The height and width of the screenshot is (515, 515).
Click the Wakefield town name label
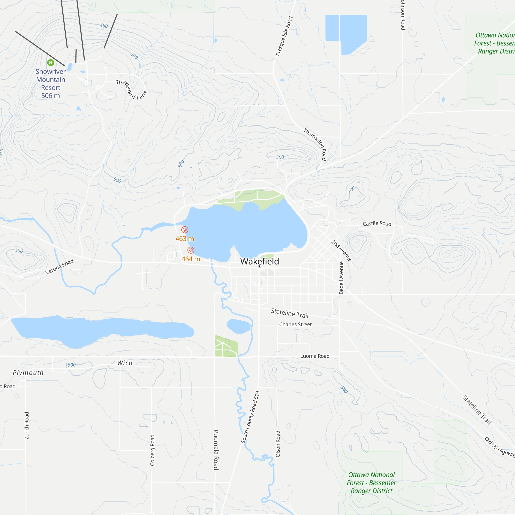point(259,262)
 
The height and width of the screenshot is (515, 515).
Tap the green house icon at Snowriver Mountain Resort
point(51,63)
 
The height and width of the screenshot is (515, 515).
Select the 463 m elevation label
point(184,239)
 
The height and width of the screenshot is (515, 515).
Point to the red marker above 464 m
point(191,250)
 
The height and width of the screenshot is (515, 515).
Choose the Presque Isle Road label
point(284,36)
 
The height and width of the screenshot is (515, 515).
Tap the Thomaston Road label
point(315,144)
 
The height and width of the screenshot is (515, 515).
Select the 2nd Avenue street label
point(341,251)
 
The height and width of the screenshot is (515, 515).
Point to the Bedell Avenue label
point(341,278)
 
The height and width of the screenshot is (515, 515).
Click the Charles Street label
point(295,324)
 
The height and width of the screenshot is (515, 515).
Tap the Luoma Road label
point(315,356)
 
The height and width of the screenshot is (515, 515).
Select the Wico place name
point(125,363)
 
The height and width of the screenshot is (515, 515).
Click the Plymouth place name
point(28,373)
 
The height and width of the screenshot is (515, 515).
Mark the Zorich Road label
point(27,426)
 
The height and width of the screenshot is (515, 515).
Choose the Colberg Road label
point(152,450)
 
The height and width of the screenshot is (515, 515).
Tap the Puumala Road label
point(216,450)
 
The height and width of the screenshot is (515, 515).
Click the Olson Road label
point(278,444)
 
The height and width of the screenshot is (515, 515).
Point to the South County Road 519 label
point(250,417)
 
